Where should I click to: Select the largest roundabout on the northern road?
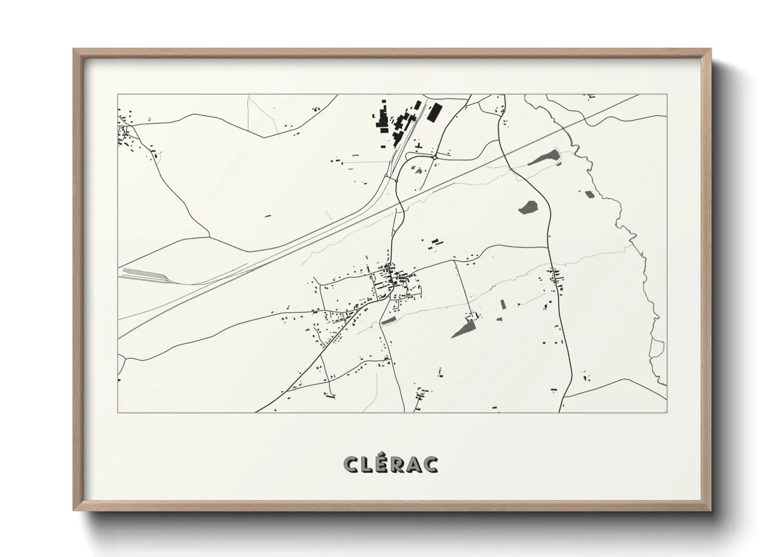(434, 157)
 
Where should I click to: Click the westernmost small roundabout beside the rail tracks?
(386, 176)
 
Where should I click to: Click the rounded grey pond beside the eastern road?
(527, 207)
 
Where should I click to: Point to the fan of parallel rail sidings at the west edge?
(142, 275)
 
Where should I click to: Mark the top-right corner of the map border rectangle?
(667, 95)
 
